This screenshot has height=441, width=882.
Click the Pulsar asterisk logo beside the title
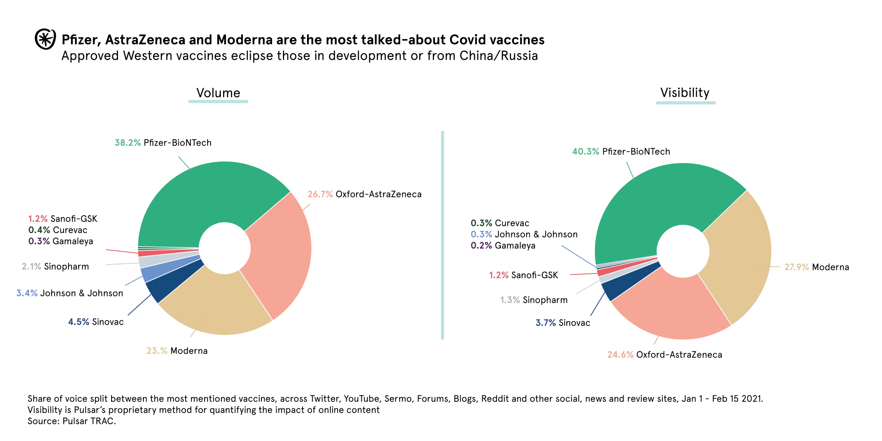(45, 39)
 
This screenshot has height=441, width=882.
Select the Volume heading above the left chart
(218, 93)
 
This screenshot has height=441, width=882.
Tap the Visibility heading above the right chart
(685, 93)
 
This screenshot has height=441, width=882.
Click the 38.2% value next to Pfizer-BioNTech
(127, 143)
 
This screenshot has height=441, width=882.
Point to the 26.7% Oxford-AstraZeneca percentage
(320, 194)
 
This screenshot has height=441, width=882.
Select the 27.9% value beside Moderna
(796, 267)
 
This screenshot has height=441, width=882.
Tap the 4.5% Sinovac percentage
(79, 322)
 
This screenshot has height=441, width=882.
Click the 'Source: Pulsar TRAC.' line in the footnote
(72, 421)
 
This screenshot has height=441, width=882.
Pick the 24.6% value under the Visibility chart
(620, 355)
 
